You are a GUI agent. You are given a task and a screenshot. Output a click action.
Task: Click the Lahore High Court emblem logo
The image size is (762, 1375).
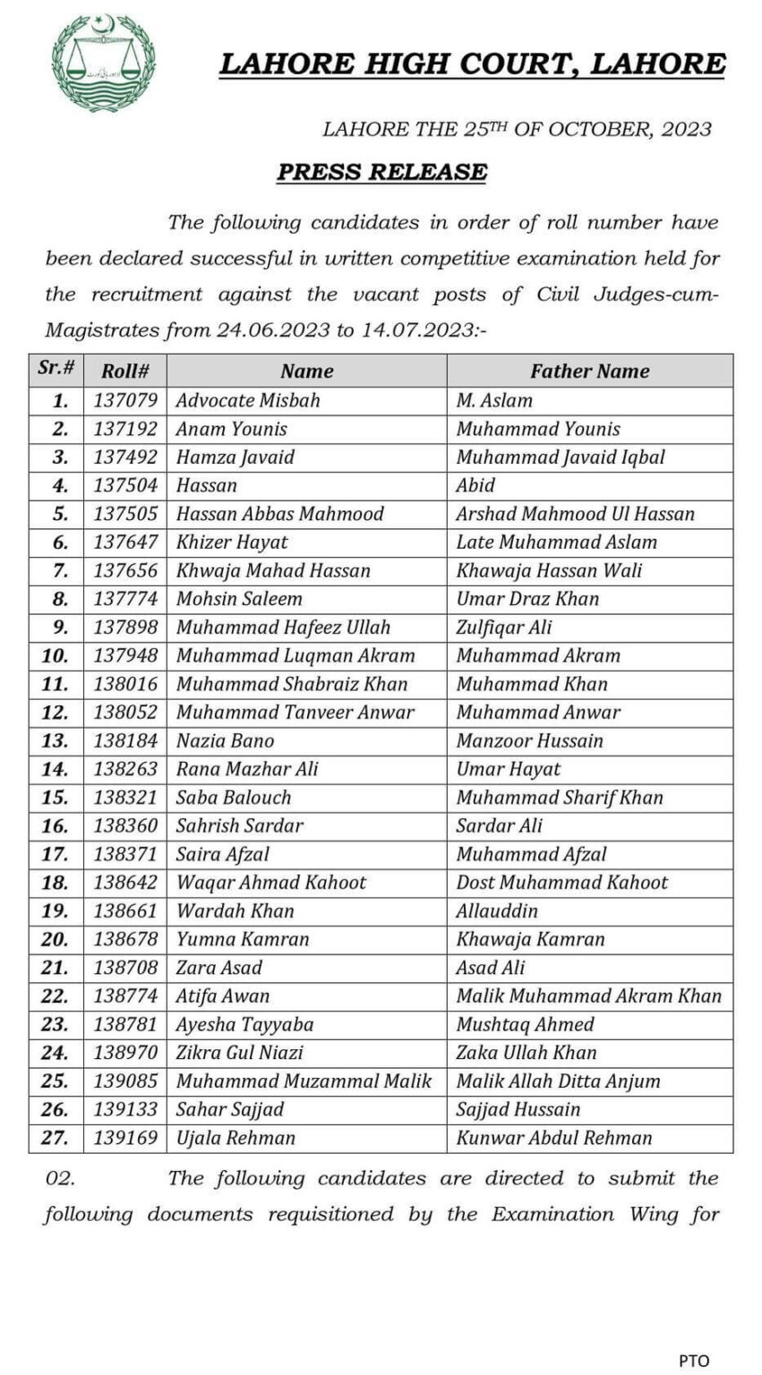(x=104, y=63)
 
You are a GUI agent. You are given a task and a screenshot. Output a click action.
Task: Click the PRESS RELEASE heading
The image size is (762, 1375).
(x=381, y=172)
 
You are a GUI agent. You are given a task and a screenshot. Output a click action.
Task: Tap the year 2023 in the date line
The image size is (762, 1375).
(x=687, y=129)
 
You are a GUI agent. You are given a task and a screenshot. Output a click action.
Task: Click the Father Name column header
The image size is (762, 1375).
(x=589, y=371)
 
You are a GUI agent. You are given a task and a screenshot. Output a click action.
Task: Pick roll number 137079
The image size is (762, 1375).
(x=125, y=400)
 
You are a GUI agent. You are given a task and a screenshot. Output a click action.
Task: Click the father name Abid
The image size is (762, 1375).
(x=475, y=485)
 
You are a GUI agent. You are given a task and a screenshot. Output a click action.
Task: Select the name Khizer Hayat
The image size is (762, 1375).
(x=232, y=542)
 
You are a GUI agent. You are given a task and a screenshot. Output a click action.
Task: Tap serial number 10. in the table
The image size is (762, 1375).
(x=56, y=655)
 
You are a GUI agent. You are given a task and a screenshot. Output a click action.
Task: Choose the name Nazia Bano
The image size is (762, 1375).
(x=225, y=740)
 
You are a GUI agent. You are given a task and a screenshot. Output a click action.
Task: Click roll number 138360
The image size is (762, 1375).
(x=125, y=825)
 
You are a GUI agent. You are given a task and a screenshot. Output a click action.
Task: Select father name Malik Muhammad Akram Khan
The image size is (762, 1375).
(x=588, y=995)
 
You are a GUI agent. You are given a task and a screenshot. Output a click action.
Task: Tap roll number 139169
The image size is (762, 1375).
(x=125, y=1138)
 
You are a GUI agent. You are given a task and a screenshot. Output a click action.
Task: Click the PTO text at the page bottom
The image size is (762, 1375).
(x=693, y=1361)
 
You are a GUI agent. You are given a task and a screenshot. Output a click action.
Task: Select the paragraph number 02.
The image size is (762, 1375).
(x=59, y=1179)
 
